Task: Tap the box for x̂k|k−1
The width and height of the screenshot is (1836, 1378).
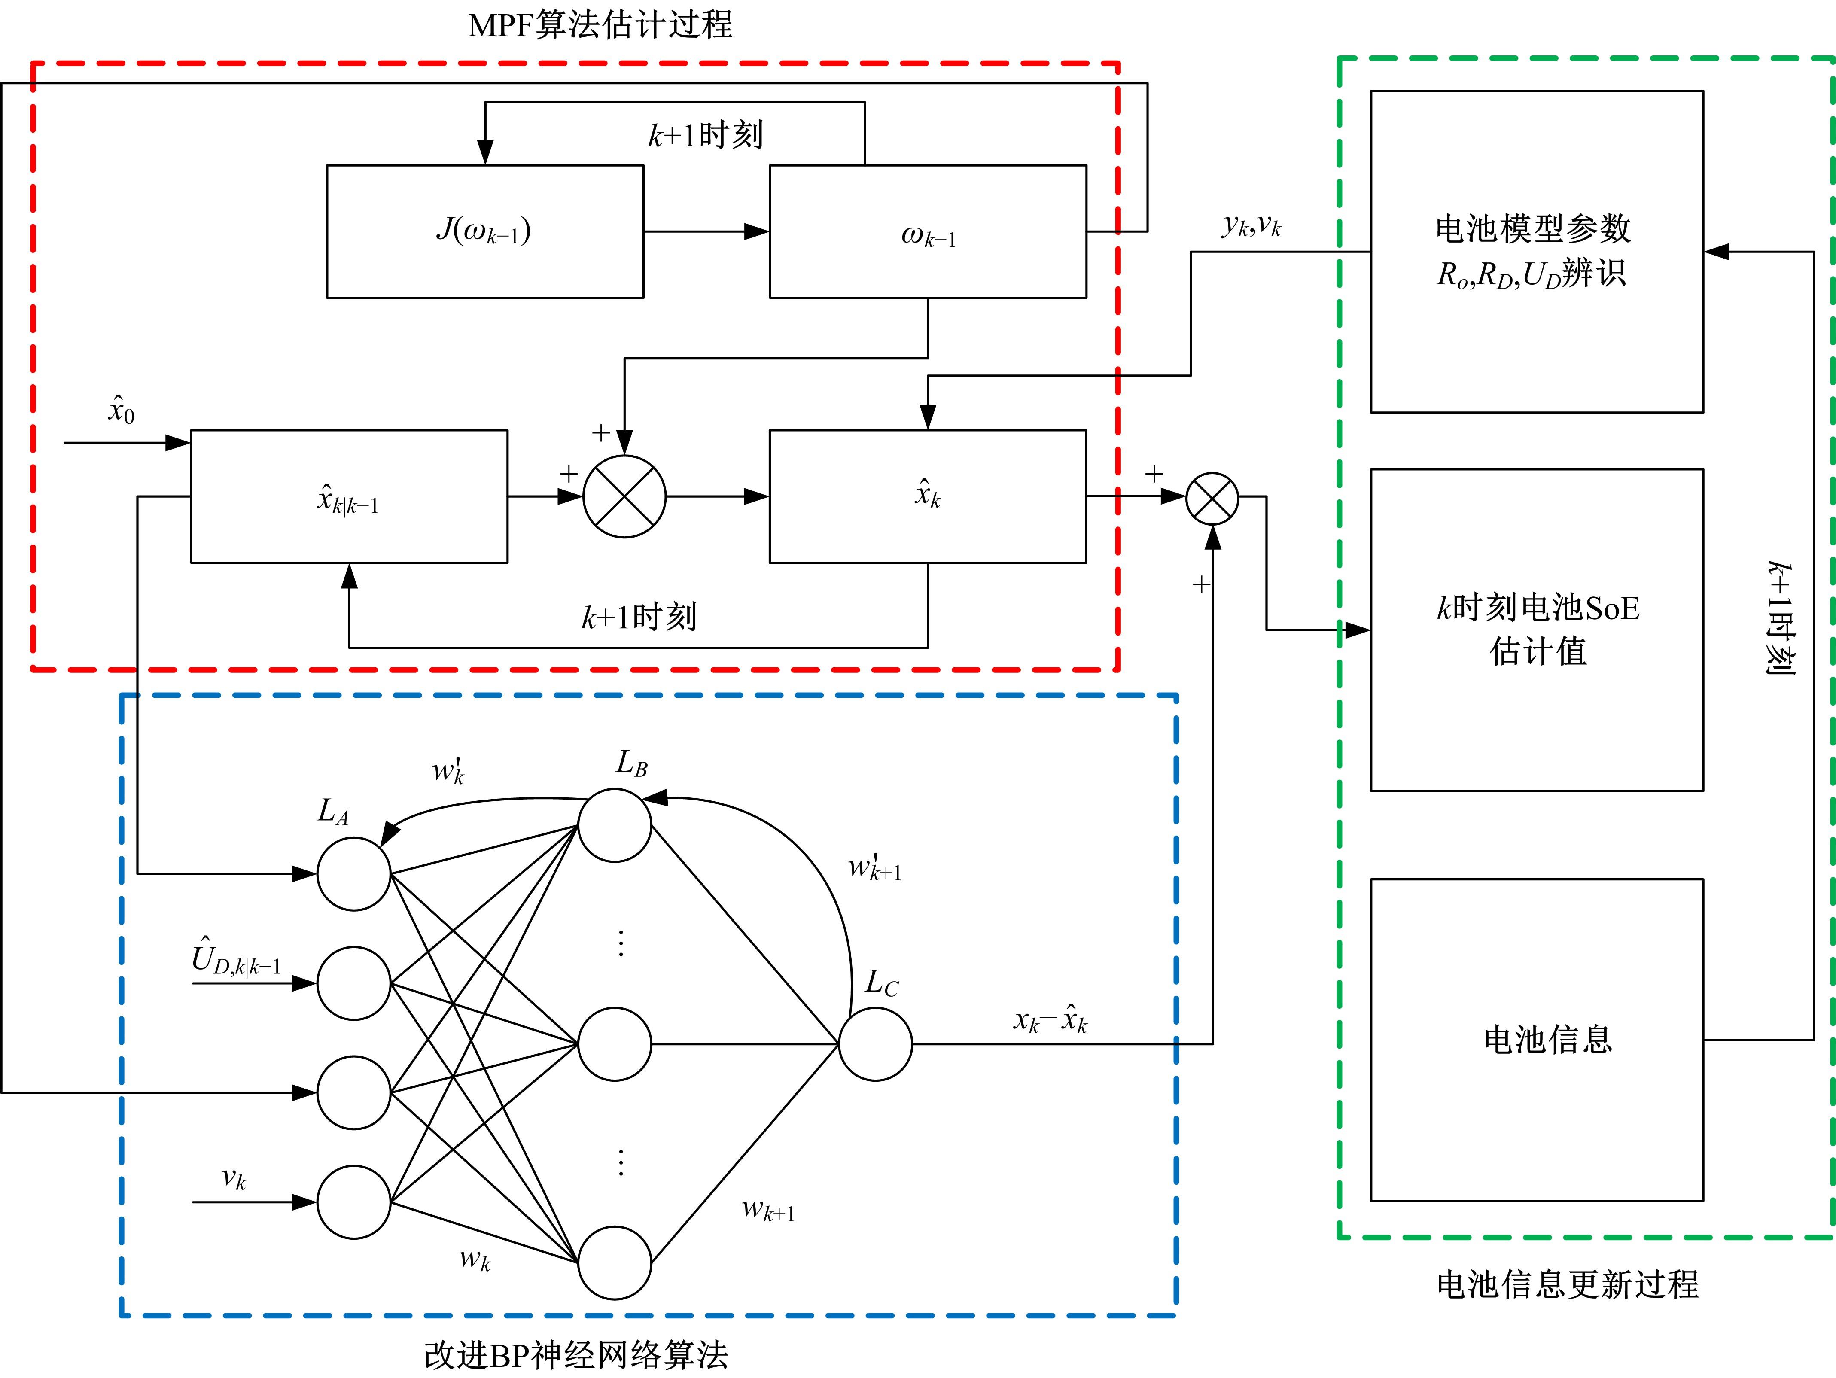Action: [x=349, y=496]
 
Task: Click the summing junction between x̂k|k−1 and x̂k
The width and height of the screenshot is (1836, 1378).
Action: [x=624, y=496]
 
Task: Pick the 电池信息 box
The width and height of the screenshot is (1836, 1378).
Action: [x=1536, y=1039]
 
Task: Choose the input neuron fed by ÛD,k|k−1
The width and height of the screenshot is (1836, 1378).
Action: [x=353, y=984]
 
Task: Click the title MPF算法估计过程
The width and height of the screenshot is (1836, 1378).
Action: [x=600, y=25]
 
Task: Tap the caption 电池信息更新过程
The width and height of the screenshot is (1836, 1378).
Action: [x=1567, y=1284]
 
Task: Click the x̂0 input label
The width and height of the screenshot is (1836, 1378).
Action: [x=121, y=410]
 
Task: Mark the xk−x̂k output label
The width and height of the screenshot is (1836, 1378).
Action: [x=1050, y=1019]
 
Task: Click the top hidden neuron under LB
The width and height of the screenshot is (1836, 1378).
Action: [x=614, y=825]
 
